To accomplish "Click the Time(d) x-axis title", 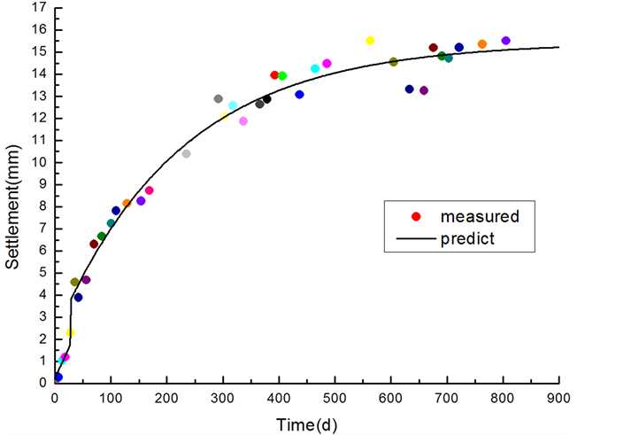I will coord(306,425).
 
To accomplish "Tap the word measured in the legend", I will coord(479,216).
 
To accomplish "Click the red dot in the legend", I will coord(415,217).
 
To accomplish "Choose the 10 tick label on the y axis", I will coord(37,162).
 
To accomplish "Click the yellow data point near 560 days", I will coord(370,41).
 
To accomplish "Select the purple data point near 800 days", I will coord(505,41).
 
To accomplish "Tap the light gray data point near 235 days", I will coord(186,154).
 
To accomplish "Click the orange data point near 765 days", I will coord(482,44).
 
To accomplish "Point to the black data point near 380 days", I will coord(266,99).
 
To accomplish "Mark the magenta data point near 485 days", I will coord(327,64).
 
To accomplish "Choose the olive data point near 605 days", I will coord(394,62).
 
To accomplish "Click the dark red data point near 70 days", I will coord(94,245).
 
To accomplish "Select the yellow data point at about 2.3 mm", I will coord(70,333).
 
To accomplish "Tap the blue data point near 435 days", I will coord(299,95).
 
